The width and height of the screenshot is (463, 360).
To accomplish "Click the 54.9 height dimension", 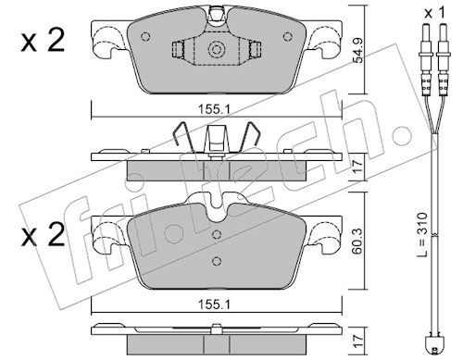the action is click(358, 51).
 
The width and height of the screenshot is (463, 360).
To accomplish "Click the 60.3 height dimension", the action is click(358, 242).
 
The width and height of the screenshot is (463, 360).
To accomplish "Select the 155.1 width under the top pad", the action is click(214, 109).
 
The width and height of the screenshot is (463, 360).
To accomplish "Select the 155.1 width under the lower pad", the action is click(214, 304).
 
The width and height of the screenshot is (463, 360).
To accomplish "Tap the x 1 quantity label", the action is click(434, 13).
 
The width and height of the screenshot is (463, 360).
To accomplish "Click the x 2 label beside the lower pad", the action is click(43, 235).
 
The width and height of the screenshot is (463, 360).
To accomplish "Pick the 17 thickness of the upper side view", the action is click(358, 167).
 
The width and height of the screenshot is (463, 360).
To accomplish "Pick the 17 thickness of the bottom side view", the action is click(358, 342).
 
